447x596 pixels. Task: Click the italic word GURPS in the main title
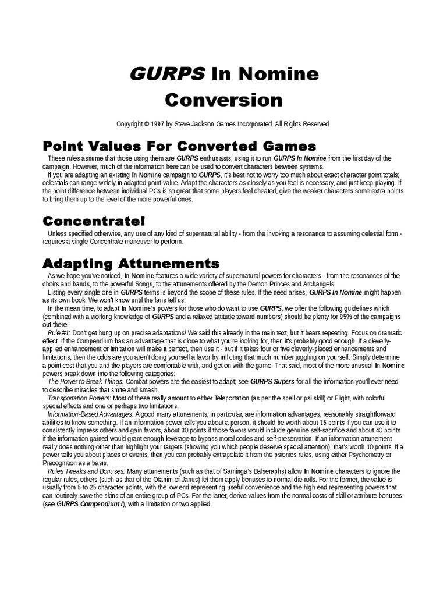click(166, 74)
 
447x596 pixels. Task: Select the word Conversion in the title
click(223, 100)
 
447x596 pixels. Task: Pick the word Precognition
click(62, 455)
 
